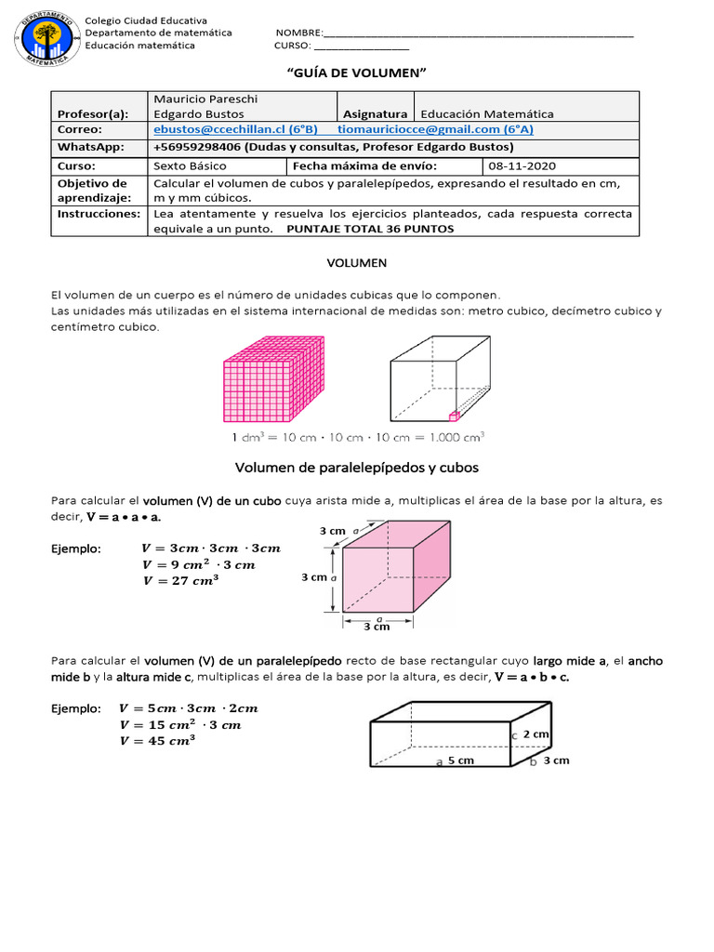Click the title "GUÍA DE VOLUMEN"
point(356,73)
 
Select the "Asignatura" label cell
point(376,114)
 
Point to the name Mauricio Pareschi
point(205,99)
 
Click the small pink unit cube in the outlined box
point(454,415)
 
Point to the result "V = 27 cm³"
point(180,581)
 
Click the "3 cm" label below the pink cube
point(376,627)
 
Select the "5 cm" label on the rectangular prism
point(459,760)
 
